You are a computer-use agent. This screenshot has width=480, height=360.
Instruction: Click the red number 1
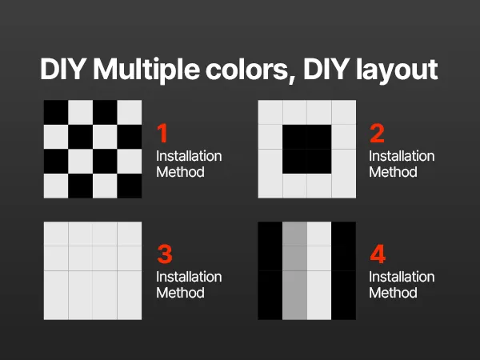pyautogui.click(x=162, y=133)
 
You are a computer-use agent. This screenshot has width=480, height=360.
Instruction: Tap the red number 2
pyautogui.click(x=377, y=133)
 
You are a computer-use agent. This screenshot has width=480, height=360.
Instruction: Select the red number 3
pyautogui.click(x=165, y=254)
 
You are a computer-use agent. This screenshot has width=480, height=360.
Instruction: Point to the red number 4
pyautogui.click(x=378, y=254)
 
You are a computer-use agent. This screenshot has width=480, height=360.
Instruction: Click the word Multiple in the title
pyautogui.click(x=146, y=70)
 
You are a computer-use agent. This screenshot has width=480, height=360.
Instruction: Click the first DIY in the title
pyautogui.click(x=62, y=69)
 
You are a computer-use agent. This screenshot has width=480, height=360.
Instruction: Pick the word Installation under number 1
pyautogui.click(x=189, y=156)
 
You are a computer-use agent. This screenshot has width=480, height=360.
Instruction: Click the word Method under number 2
pyautogui.click(x=393, y=172)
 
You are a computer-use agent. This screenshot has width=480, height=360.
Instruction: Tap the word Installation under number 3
pyautogui.click(x=189, y=277)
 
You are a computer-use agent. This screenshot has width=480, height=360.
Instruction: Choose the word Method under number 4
pyautogui.click(x=393, y=293)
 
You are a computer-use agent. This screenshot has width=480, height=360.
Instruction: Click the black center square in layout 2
pyautogui.click(x=306, y=149)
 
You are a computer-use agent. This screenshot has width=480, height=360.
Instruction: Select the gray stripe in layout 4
pyautogui.click(x=294, y=270)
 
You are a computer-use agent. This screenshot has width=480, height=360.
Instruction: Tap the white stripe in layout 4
pyautogui.click(x=319, y=270)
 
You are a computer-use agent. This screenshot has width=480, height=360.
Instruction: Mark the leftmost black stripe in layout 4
pyautogui.click(x=270, y=270)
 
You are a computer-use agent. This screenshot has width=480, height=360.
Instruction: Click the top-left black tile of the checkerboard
pyautogui.click(x=56, y=112)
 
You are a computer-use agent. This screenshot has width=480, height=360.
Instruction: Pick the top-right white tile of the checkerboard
pyautogui.click(x=130, y=112)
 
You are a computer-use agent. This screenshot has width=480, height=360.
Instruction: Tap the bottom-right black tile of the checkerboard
pyautogui.click(x=130, y=186)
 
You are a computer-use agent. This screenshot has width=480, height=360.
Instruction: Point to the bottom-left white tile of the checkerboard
pyautogui.click(x=56, y=186)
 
